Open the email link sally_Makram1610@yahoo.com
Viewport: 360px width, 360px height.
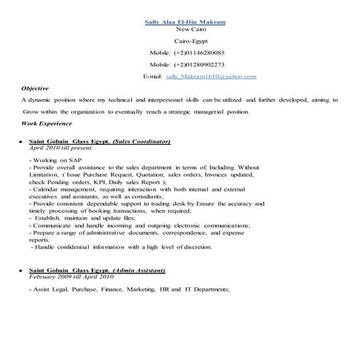211,76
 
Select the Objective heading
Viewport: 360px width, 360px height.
35,87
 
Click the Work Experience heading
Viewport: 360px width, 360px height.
46,124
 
